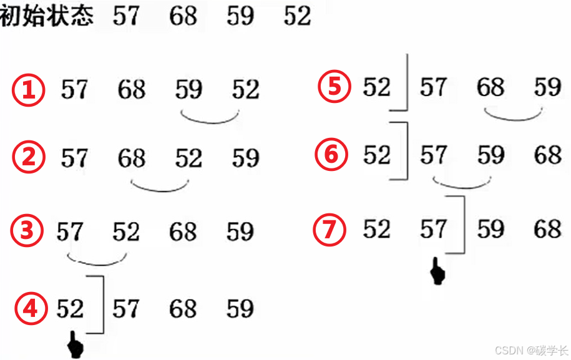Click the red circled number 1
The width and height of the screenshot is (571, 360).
click(x=29, y=91)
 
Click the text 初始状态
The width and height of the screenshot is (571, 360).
click(x=46, y=15)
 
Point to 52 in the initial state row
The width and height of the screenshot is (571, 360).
click(x=297, y=16)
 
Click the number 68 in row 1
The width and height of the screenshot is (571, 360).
click(x=131, y=90)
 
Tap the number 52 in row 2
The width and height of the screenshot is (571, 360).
click(x=188, y=158)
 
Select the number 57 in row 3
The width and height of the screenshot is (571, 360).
click(x=69, y=233)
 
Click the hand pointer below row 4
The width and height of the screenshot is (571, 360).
click(x=76, y=345)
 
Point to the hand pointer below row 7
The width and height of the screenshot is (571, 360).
click(x=438, y=273)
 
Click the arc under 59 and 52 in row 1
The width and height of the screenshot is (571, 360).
click(x=210, y=119)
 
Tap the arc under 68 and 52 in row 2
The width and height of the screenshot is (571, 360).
click(x=160, y=187)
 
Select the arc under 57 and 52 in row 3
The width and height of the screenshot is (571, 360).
click(x=97, y=260)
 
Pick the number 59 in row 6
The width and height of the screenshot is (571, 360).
click(x=491, y=155)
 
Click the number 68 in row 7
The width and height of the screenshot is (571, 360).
click(x=548, y=230)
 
